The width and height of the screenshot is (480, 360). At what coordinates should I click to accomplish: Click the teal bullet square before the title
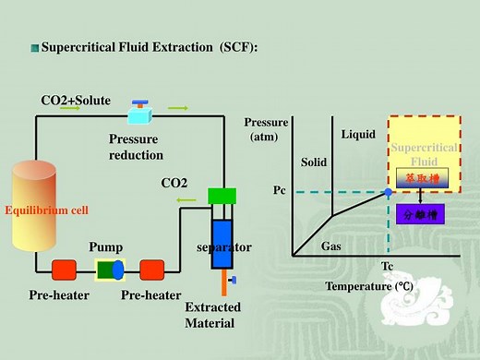coord(35,47)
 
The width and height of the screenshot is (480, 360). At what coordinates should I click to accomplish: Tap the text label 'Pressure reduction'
coord(136,147)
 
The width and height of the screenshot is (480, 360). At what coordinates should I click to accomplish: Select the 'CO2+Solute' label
coord(76,100)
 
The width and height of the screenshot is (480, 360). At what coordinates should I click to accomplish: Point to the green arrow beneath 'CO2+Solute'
coord(69,109)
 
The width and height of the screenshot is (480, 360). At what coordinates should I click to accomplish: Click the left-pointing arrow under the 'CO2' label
coord(186,200)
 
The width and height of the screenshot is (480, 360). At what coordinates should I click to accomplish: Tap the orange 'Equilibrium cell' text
coord(46,210)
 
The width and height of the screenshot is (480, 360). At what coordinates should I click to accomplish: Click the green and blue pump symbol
coord(111,270)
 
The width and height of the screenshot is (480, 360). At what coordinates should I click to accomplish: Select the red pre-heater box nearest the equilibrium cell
coord(64,270)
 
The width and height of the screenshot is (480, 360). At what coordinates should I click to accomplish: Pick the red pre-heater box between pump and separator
coord(152,270)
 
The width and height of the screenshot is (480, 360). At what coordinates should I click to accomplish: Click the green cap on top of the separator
coord(222,196)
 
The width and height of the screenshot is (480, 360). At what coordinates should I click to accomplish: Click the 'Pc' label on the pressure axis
coord(281,190)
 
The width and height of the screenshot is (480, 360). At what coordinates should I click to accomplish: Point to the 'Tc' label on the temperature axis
coord(388,267)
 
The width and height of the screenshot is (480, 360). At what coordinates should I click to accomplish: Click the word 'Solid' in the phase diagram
coord(314,162)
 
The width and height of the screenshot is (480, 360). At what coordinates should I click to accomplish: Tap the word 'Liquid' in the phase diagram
coord(358,135)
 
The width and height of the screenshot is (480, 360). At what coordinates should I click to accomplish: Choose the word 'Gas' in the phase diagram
coord(330,246)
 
